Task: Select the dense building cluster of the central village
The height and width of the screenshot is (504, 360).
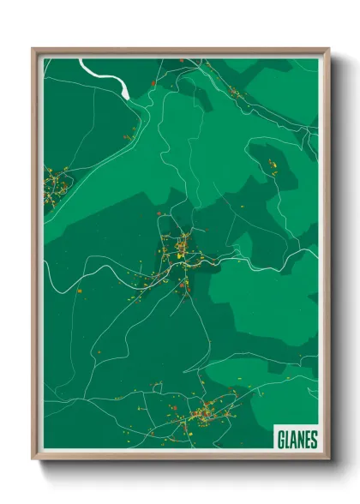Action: (x=179, y=252)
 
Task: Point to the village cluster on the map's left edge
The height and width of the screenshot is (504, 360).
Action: (x=56, y=184)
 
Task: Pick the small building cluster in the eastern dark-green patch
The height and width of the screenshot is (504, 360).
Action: (x=273, y=167)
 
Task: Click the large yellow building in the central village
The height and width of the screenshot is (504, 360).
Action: (x=181, y=249)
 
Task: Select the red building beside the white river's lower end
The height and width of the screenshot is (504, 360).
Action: (x=153, y=83)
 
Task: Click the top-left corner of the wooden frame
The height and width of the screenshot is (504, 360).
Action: (x=33, y=49)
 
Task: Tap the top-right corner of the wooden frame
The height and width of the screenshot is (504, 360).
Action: (x=329, y=49)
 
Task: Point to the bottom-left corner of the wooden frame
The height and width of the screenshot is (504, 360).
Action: (x=33, y=459)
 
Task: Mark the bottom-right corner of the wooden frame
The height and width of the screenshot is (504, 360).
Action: (x=329, y=459)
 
